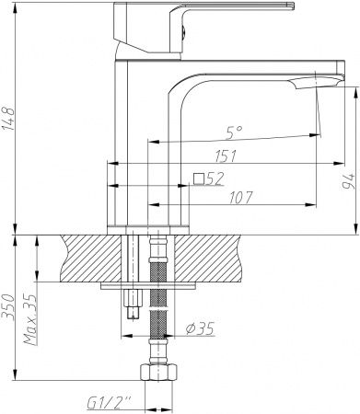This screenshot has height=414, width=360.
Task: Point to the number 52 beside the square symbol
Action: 215,178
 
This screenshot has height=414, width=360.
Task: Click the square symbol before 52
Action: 198,178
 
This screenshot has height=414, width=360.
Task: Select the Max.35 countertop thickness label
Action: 29,313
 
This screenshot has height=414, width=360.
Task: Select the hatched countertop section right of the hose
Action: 216,259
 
